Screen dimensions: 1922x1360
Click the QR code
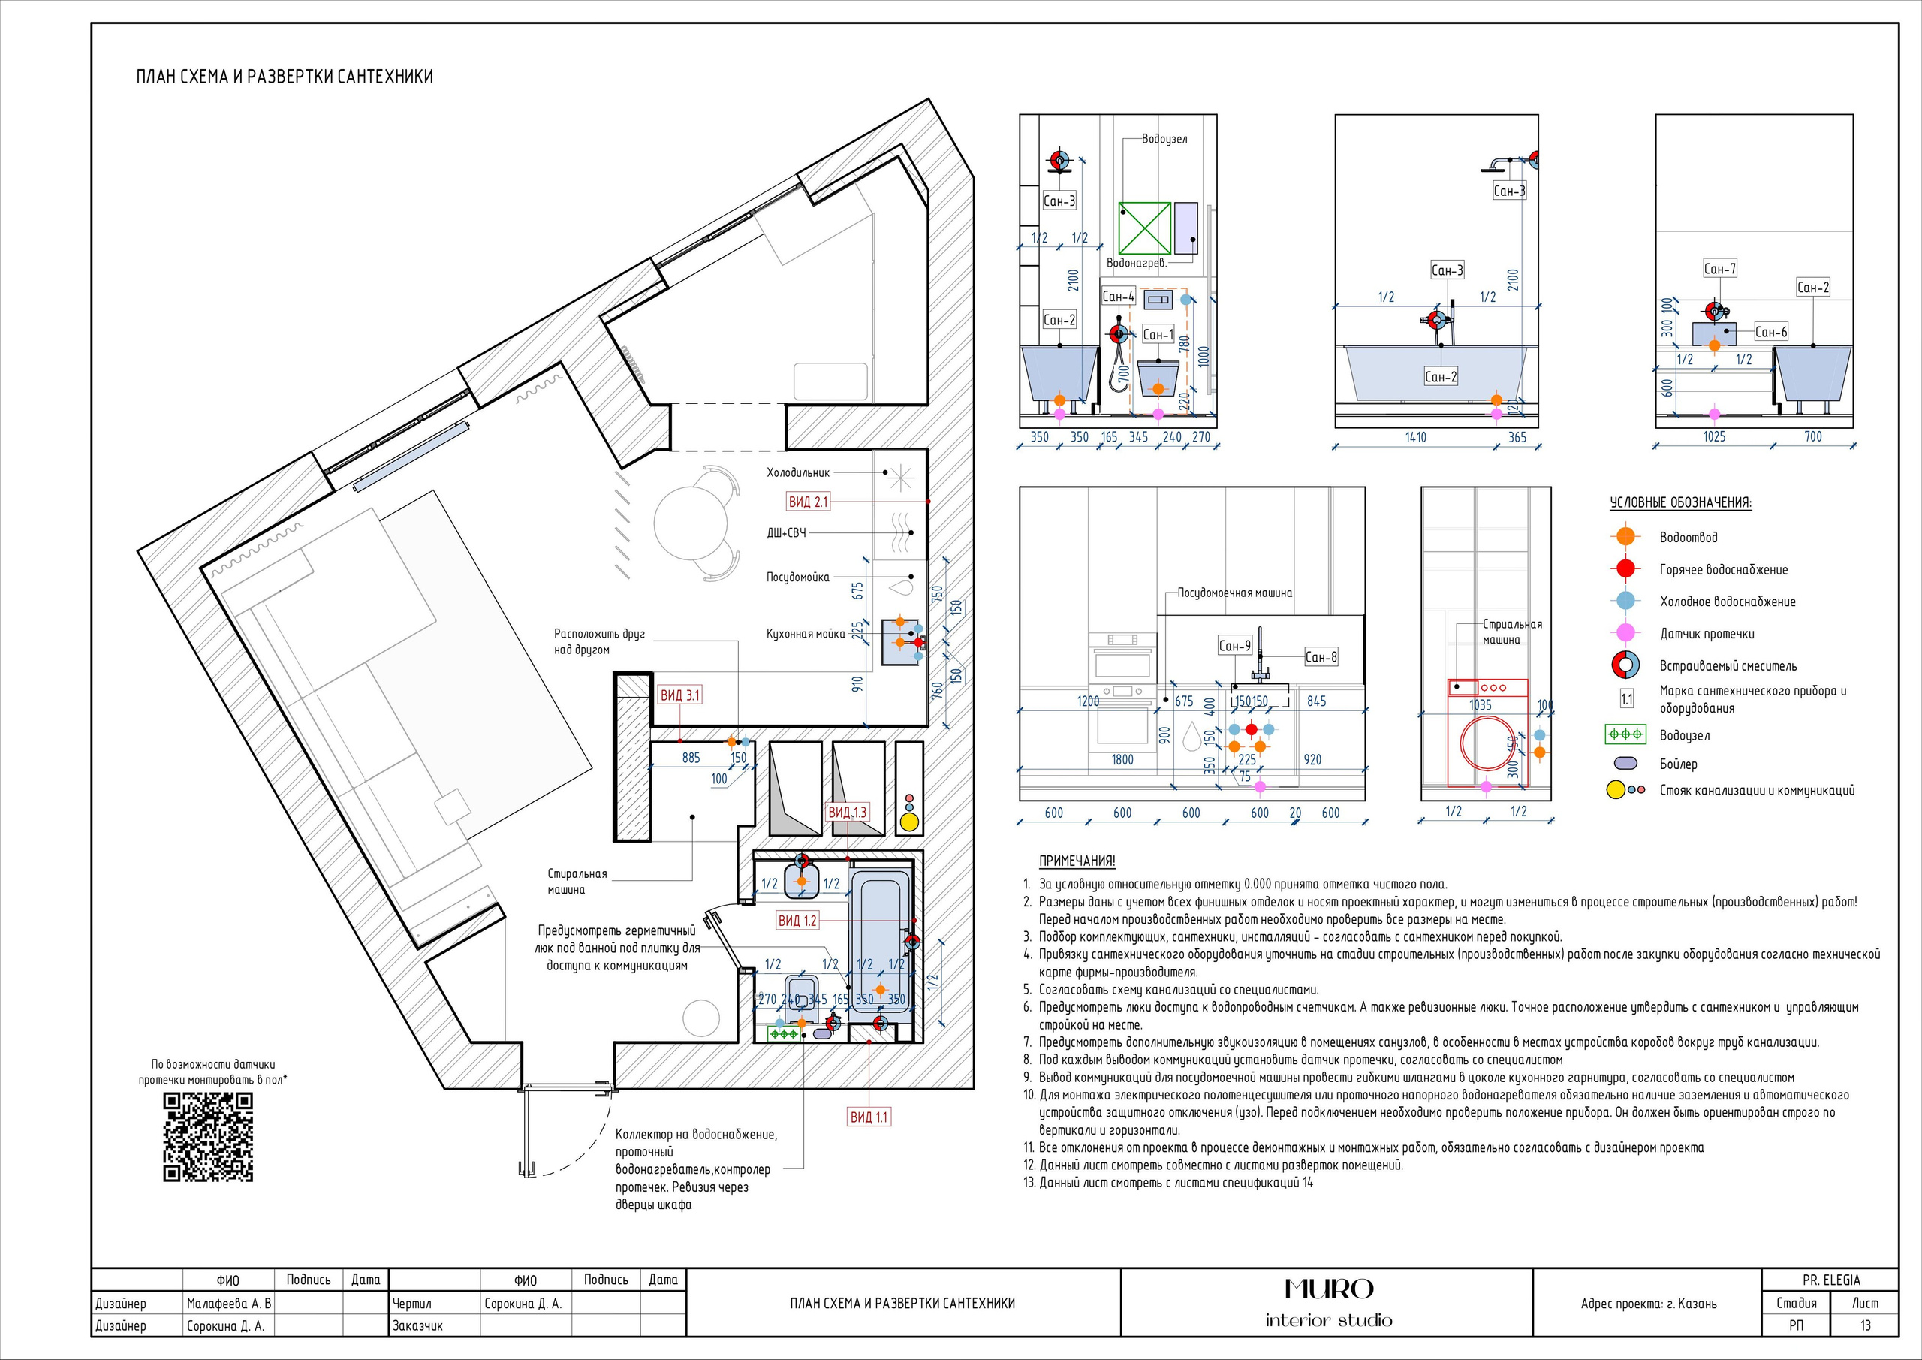click(209, 1137)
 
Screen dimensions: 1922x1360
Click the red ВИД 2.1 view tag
click(808, 502)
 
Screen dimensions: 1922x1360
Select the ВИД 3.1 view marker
click(679, 695)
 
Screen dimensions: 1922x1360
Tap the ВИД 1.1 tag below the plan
click(869, 1116)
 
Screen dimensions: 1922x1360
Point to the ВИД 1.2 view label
click(797, 921)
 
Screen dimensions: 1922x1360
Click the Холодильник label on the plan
click(798, 473)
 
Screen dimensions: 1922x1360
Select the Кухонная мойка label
click(806, 634)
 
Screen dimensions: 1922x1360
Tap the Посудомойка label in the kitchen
click(798, 577)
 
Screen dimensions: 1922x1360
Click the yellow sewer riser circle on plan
click(909, 822)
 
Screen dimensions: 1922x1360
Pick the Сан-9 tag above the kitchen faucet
click(1235, 646)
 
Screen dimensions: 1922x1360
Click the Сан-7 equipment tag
click(1720, 269)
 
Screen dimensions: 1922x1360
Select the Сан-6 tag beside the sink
click(1770, 333)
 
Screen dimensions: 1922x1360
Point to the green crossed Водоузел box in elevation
click(1145, 228)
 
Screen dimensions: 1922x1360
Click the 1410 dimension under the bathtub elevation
click(1415, 437)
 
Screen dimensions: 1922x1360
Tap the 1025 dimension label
click(1713, 436)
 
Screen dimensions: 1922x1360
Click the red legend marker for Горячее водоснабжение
click(1625, 568)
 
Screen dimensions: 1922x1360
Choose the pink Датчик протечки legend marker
click(1625, 633)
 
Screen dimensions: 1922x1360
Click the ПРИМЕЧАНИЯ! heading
click(1077, 861)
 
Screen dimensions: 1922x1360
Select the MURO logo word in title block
click(1328, 1289)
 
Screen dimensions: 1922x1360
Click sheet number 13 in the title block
click(1865, 1325)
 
